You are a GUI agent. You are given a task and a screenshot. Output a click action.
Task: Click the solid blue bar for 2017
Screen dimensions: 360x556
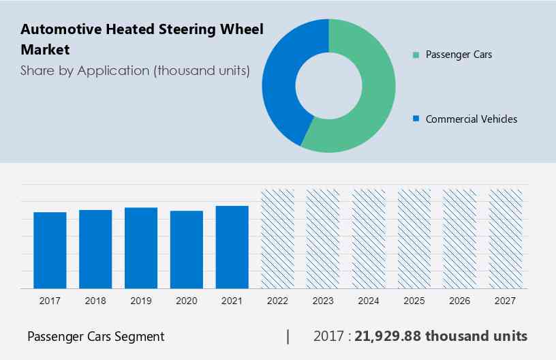[50, 250]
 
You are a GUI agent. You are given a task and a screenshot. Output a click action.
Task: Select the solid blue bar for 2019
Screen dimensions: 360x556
[141, 247]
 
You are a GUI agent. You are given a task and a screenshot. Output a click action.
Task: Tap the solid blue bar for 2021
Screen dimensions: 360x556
[232, 247]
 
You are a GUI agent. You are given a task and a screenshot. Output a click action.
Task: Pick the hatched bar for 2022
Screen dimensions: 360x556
[277, 239]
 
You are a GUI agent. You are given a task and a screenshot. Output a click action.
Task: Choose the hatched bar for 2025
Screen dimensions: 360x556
[414, 239]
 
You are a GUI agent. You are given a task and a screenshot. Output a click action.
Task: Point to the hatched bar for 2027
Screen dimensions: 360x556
[506, 239]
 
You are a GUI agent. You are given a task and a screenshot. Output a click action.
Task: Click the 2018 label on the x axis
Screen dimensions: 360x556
[95, 301]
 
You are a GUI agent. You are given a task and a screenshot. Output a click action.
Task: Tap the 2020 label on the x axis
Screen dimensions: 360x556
[187, 301]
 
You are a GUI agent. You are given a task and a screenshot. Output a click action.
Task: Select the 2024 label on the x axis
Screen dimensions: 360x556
[369, 301]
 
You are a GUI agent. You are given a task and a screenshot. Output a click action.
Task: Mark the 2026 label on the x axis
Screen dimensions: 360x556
[460, 301]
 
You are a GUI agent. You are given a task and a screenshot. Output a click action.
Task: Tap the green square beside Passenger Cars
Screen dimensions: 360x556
[415, 55]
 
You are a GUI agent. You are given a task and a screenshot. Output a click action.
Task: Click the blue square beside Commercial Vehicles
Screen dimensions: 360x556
[415, 119]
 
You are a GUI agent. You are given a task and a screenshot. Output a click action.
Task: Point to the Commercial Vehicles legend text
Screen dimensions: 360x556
[472, 119]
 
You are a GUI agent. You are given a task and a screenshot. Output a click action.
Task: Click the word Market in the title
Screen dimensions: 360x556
[45, 50]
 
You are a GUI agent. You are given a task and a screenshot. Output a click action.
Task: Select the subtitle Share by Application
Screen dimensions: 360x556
[135, 70]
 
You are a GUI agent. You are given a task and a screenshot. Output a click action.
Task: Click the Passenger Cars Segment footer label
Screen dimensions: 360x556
[95, 336]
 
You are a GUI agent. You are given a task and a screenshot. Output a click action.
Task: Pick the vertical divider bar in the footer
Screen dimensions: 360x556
[288, 336]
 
